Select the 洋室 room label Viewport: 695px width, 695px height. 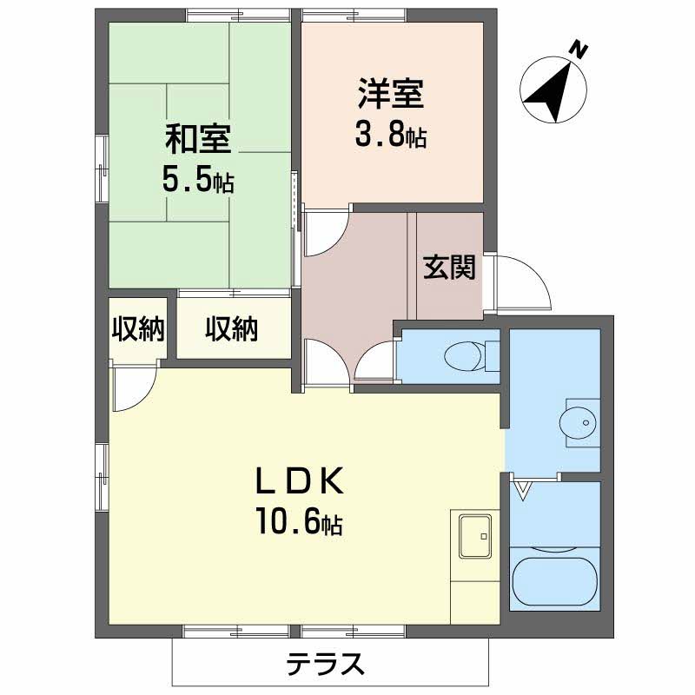click(391, 93)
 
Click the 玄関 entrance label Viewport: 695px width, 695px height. click(449, 268)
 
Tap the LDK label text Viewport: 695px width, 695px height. click(300, 481)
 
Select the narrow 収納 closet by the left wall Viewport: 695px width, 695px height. click(137, 329)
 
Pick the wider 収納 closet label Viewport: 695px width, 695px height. click(232, 329)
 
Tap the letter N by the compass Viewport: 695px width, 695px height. click(576, 49)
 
